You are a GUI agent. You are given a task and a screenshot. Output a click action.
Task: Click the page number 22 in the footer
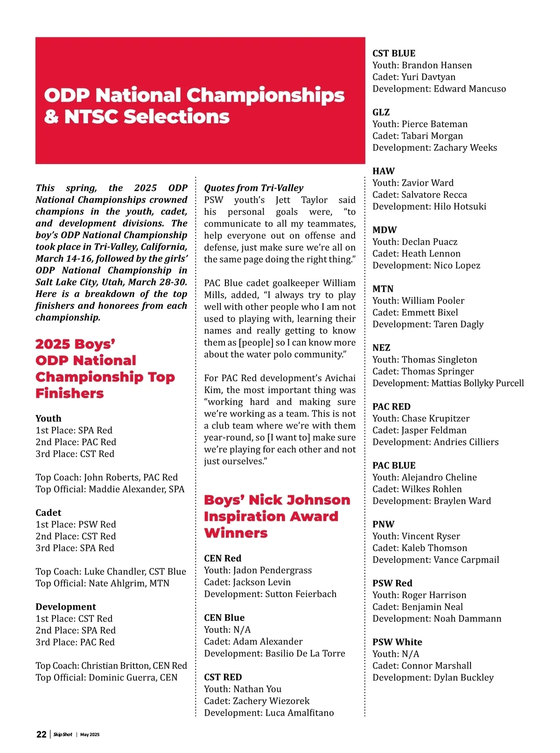point(41,734)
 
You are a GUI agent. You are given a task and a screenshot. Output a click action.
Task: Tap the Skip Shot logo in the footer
point(63,735)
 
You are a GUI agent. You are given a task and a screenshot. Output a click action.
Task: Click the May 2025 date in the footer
point(90,735)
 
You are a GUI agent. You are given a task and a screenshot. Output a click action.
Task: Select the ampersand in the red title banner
point(51,117)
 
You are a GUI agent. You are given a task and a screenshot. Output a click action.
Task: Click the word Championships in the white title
point(267,95)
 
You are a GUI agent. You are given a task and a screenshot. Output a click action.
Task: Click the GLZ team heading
point(381,113)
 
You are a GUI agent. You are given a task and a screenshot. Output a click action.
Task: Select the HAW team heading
point(383,171)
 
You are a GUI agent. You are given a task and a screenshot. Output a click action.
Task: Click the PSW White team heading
point(397,642)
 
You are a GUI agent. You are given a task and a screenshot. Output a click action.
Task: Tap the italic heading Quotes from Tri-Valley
point(253,188)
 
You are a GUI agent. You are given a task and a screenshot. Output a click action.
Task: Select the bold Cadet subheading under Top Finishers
point(48,513)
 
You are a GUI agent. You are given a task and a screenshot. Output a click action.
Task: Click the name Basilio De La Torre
point(305,654)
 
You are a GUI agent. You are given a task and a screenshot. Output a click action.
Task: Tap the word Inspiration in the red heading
point(271,517)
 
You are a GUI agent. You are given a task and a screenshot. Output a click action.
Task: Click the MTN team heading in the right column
point(383,289)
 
